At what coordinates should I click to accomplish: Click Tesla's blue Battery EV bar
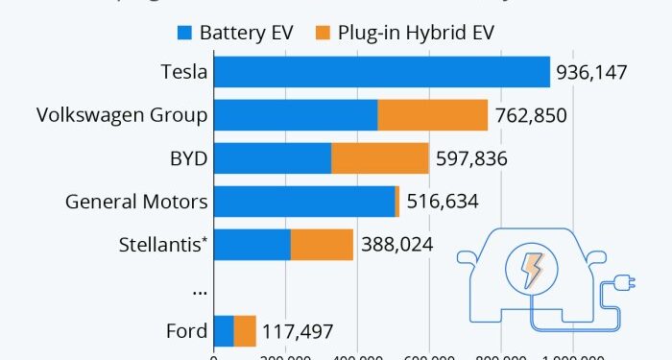click(381, 72)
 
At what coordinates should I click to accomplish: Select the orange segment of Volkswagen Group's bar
click(432, 115)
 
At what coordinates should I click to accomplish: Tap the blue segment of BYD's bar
click(272, 158)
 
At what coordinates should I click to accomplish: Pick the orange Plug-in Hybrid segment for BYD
click(379, 158)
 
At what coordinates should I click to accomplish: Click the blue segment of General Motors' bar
click(303, 202)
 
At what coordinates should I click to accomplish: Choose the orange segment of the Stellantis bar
click(322, 245)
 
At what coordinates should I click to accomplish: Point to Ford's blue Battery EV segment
click(223, 331)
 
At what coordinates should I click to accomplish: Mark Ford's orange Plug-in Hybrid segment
click(245, 331)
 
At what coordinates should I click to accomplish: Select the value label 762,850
click(531, 116)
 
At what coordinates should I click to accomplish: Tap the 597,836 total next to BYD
click(471, 159)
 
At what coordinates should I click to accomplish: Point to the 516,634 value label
click(442, 203)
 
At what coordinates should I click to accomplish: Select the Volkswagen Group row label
click(122, 115)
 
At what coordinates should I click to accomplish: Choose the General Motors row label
click(136, 202)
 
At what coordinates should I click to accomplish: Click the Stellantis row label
click(159, 245)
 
